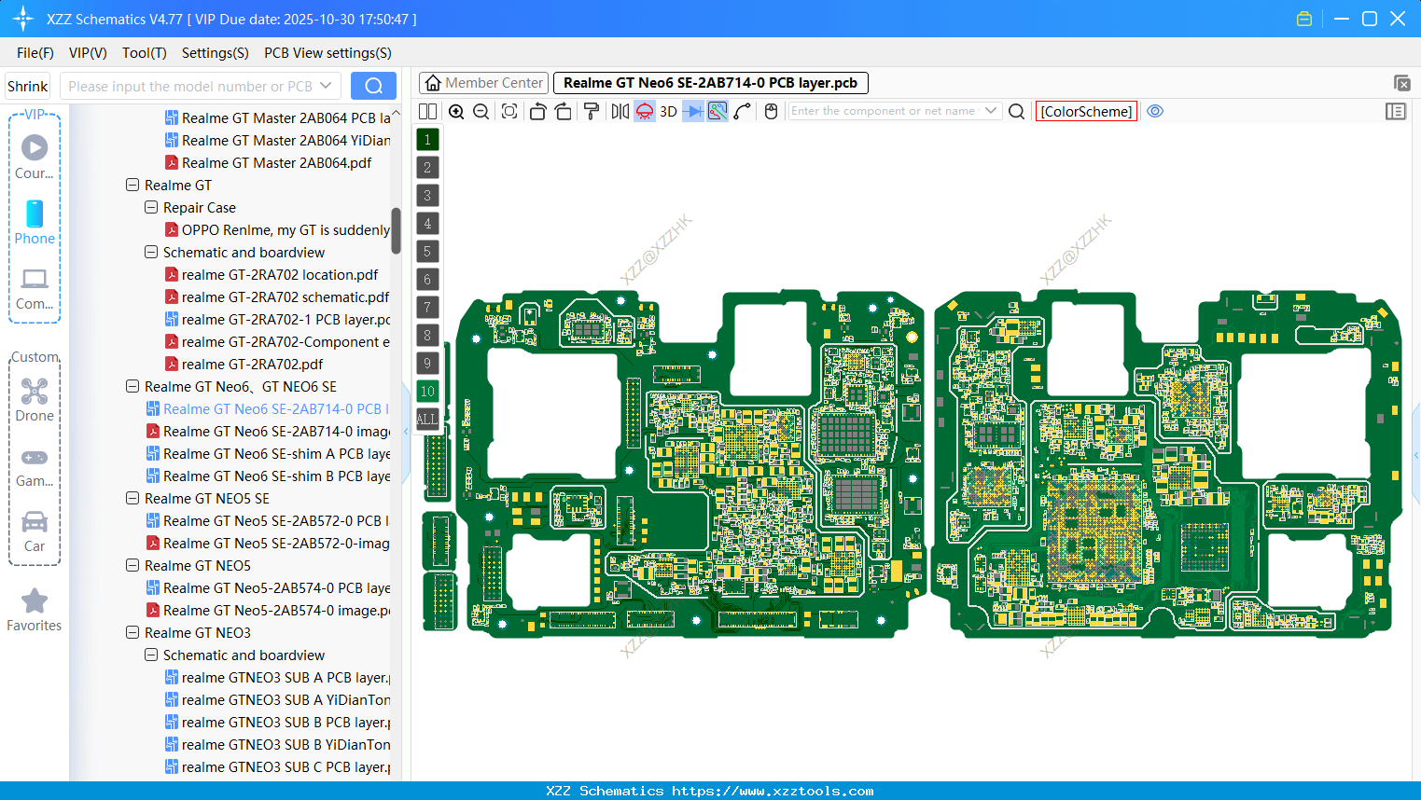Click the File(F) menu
pyautogui.click(x=35, y=53)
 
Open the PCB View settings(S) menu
pyautogui.click(x=327, y=53)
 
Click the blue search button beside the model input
pyautogui.click(x=373, y=86)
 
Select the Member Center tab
pyautogui.click(x=483, y=83)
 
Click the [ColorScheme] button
pyautogui.click(x=1086, y=111)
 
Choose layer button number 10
pyautogui.click(x=427, y=392)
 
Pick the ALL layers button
pyautogui.click(x=427, y=420)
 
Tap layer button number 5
pyautogui.click(x=427, y=252)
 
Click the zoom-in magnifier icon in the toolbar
pyautogui.click(x=456, y=111)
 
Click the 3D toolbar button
pyautogui.click(x=668, y=111)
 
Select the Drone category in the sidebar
pyautogui.click(x=35, y=400)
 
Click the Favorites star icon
pyautogui.click(x=35, y=601)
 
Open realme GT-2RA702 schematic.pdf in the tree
pyautogui.click(x=285, y=297)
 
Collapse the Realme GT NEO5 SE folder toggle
pyautogui.click(x=132, y=499)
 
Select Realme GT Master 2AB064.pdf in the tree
pyautogui.click(x=276, y=163)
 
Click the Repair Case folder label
pyautogui.click(x=199, y=208)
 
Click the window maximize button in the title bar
pyautogui.click(x=1370, y=19)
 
